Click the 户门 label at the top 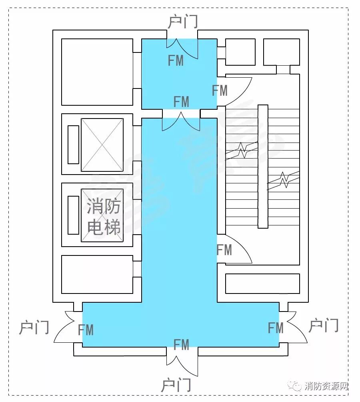click(x=183, y=22)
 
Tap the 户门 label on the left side click(x=34, y=327)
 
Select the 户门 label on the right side click(x=324, y=326)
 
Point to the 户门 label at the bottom click(x=176, y=385)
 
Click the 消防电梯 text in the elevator click(x=104, y=216)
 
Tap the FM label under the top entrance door click(x=176, y=60)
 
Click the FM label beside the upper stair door click(x=220, y=90)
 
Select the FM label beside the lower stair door click(x=224, y=250)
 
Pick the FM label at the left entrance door click(x=86, y=330)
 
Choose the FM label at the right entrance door click(x=276, y=328)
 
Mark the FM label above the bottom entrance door click(x=181, y=345)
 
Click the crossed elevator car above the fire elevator click(x=102, y=145)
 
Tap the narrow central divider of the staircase click(x=263, y=167)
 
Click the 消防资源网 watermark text click(x=326, y=386)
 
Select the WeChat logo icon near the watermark click(x=294, y=386)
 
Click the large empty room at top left click(x=97, y=72)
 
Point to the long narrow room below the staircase click(x=262, y=283)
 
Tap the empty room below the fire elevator click(x=97, y=274)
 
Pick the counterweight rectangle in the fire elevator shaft click(x=73, y=215)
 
